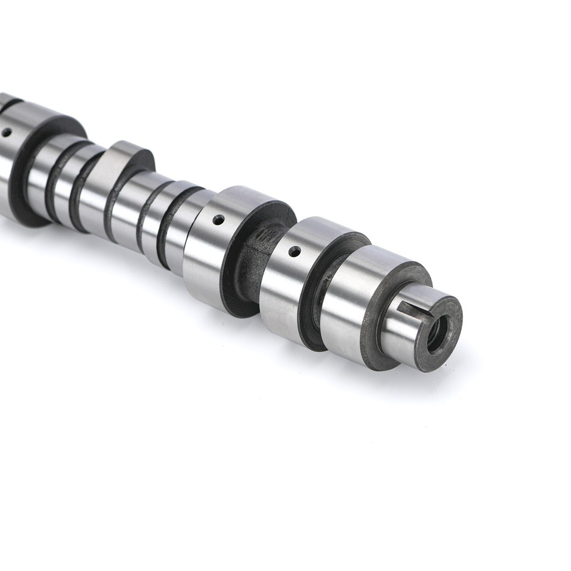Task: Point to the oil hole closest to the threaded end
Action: (293, 252)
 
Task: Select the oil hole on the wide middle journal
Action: (218, 220)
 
